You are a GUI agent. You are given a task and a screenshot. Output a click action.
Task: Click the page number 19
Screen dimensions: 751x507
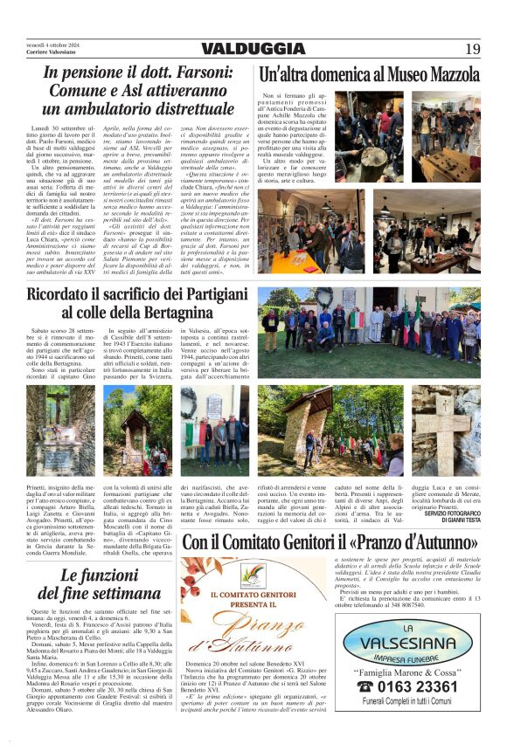click(x=472, y=49)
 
